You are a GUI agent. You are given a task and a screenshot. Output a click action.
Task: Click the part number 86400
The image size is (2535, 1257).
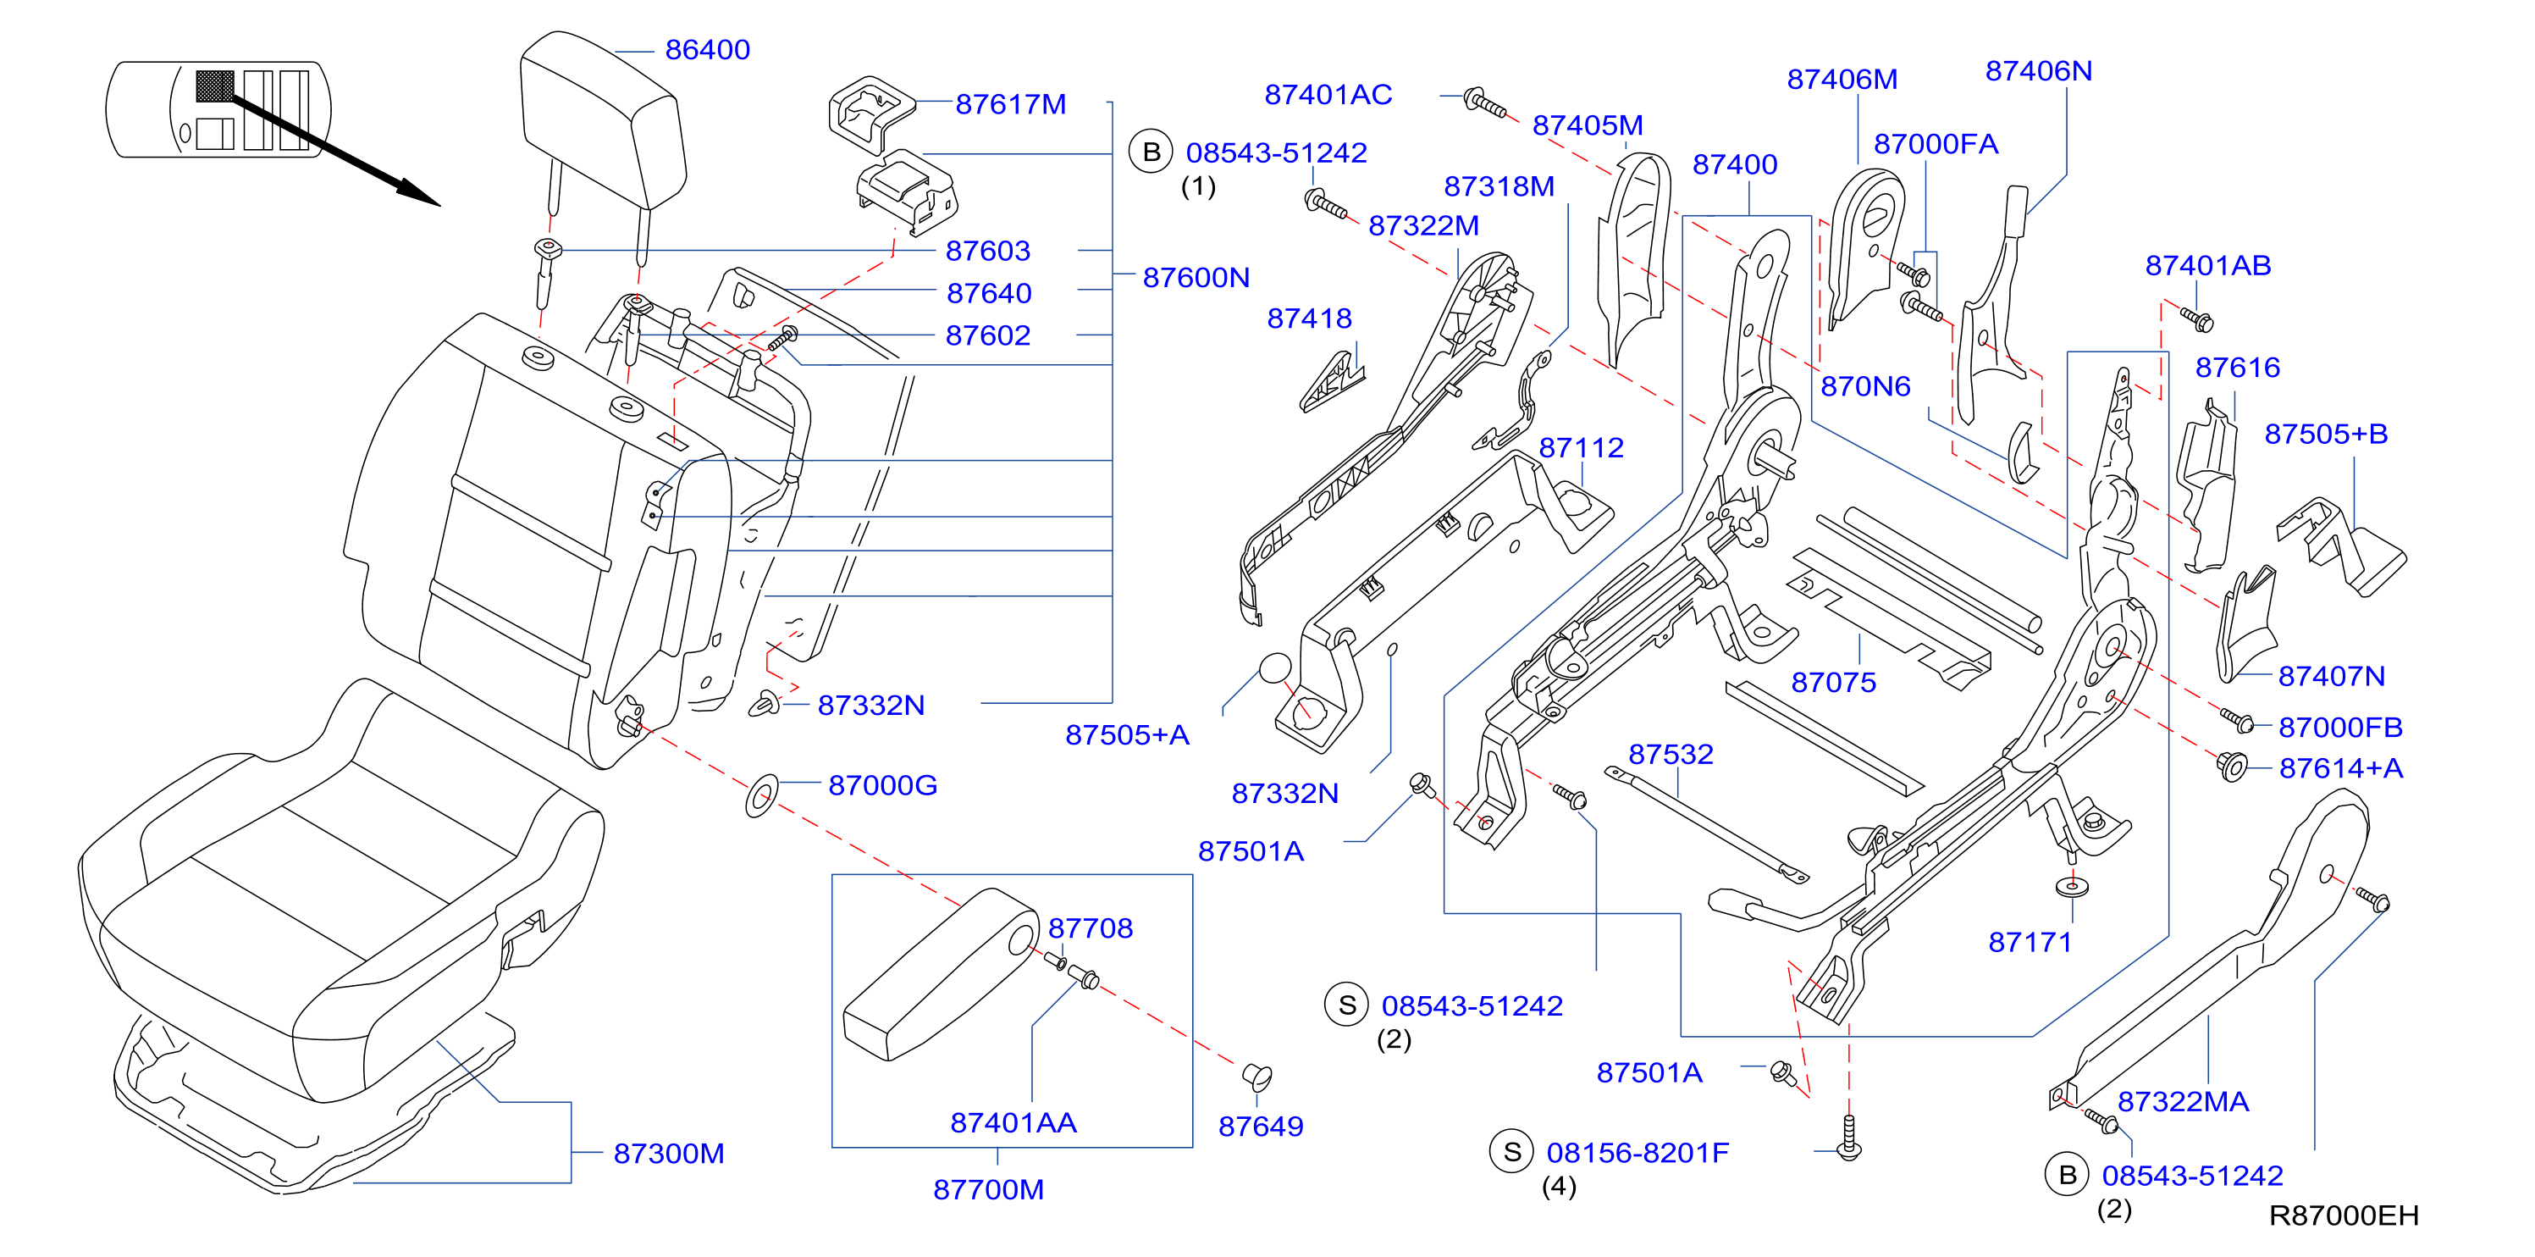click(707, 49)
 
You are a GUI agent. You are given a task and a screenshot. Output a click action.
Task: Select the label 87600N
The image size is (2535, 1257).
click(1196, 278)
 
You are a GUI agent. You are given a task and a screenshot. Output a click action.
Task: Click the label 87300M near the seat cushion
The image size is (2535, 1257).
click(668, 1153)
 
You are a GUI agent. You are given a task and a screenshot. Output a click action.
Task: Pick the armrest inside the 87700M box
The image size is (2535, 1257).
click(941, 974)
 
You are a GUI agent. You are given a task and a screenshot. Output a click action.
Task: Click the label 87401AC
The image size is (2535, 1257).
click(1328, 95)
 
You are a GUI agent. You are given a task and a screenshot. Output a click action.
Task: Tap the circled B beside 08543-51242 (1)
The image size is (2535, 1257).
click(1151, 152)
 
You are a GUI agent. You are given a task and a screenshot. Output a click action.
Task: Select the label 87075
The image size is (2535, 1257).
click(1833, 682)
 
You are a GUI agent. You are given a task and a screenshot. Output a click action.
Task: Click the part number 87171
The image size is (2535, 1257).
click(2030, 942)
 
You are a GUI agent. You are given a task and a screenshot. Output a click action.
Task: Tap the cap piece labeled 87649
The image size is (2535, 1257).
click(1256, 1076)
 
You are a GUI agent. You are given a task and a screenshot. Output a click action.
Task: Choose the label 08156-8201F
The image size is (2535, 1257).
click(1638, 1153)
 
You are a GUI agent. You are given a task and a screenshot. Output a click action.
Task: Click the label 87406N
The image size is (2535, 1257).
click(2038, 71)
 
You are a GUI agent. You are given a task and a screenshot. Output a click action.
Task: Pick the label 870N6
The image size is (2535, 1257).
click(1864, 386)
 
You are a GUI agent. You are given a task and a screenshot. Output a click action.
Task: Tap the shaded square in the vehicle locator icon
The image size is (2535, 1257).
click(214, 86)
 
